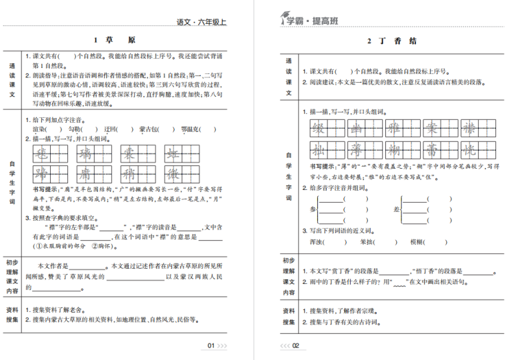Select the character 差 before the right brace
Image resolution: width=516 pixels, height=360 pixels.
tap(395, 209)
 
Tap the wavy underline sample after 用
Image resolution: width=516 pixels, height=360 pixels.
tap(399, 283)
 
